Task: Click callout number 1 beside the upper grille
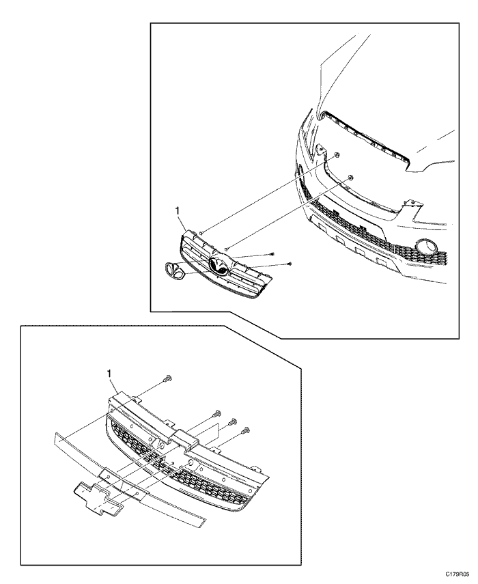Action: (178, 212)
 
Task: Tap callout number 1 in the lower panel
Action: (109, 374)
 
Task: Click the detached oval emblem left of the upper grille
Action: (175, 270)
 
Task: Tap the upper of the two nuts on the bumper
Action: (336, 155)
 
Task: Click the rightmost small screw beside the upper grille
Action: (290, 264)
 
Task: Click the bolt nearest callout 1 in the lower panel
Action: (167, 379)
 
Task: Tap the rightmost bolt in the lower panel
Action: (245, 431)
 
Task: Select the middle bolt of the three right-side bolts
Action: (231, 422)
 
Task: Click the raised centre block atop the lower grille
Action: (184, 438)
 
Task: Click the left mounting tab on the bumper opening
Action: (320, 150)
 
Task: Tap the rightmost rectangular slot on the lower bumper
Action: (381, 262)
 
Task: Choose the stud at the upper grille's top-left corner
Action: (200, 234)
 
